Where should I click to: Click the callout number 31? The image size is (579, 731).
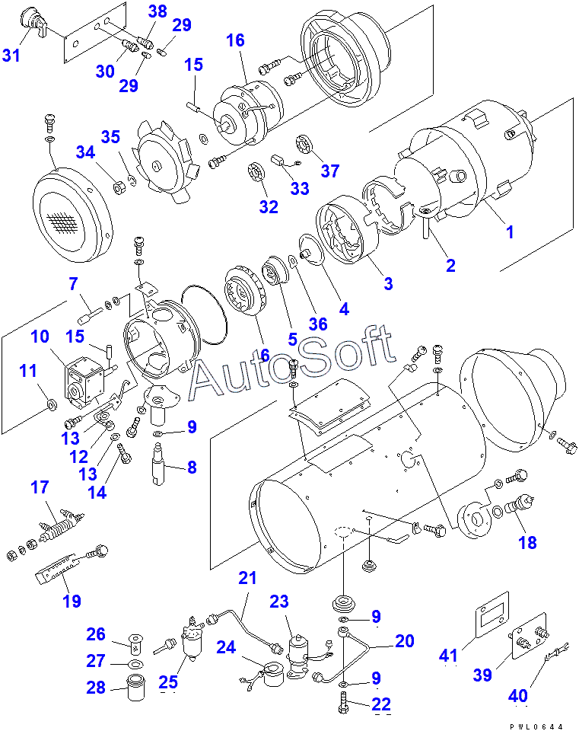(11, 55)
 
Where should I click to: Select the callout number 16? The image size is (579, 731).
(235, 40)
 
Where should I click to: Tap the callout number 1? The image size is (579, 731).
(510, 231)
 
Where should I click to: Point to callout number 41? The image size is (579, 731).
(448, 656)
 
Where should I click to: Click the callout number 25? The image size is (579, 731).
(168, 682)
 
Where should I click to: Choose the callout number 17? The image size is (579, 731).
(40, 487)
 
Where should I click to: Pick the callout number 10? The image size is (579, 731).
(40, 336)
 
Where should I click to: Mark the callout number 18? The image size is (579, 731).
(528, 542)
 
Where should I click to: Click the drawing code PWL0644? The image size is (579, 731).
(536, 726)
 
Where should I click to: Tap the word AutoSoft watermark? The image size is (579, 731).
(292, 361)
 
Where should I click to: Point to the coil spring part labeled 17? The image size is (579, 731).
(61, 528)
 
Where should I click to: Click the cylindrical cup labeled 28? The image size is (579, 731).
(135, 687)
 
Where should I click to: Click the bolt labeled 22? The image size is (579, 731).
(344, 703)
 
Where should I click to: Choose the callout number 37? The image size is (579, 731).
(329, 171)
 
